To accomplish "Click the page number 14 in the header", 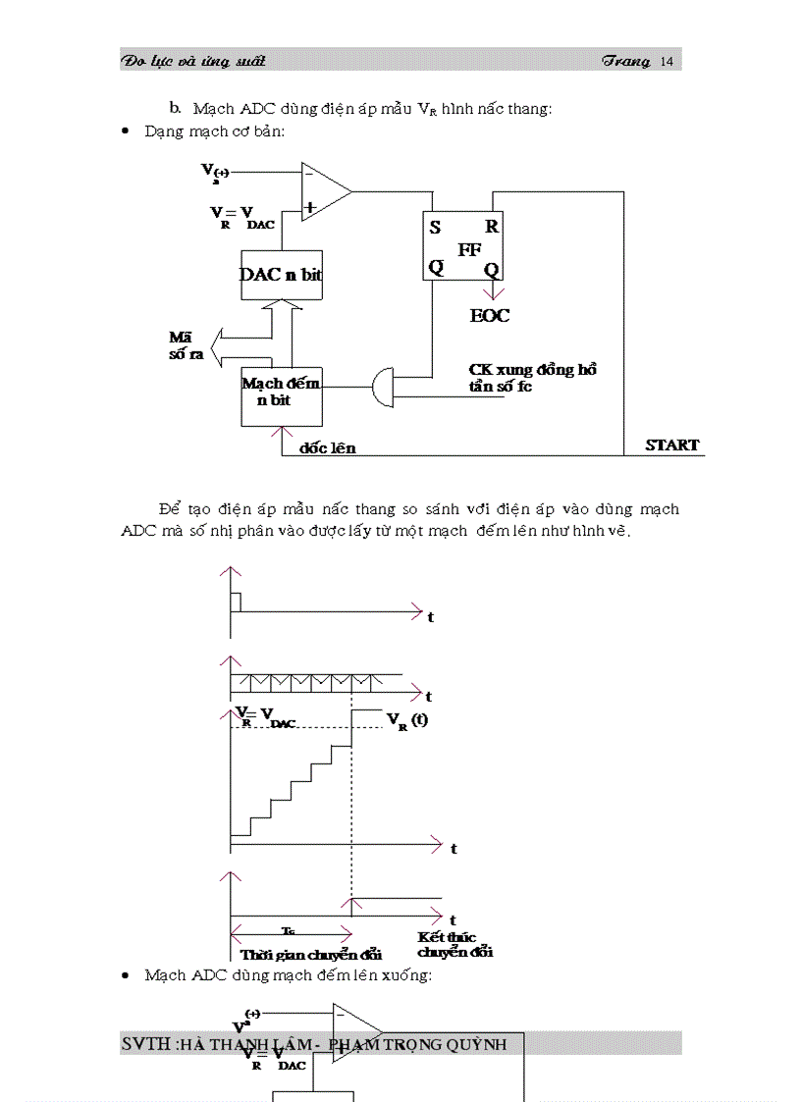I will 667,62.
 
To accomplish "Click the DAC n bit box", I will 281,276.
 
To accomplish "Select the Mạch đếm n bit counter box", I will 281,394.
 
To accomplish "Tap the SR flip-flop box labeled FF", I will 463,246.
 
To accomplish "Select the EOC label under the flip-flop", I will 490,316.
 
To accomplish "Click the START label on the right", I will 672,445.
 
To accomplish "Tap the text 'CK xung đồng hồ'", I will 533,370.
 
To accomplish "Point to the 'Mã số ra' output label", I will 186,345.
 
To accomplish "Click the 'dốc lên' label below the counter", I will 328,448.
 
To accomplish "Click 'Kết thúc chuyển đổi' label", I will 454,945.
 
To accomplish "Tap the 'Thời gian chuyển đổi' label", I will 310,954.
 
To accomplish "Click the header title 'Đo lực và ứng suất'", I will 193,62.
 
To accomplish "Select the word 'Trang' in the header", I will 626,62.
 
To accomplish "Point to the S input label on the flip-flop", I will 435,227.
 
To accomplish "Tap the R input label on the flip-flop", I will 491,226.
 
